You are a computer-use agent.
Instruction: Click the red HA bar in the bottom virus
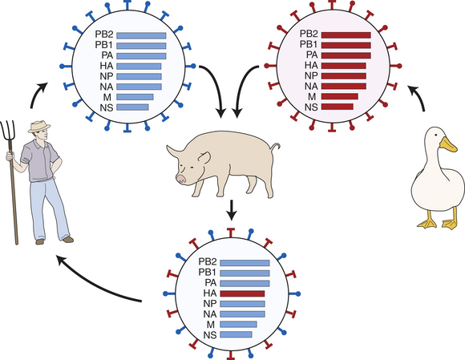[x=242, y=293]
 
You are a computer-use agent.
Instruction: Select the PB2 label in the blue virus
[x=104, y=34]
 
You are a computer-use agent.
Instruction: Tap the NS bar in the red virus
[x=338, y=107]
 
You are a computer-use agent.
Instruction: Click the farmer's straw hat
[x=39, y=126]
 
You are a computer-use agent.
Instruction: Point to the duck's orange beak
[x=448, y=144]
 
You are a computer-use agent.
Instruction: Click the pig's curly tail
[x=274, y=148]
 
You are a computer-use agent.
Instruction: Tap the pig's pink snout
[x=180, y=179]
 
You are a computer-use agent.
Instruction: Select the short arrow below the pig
[x=232, y=210]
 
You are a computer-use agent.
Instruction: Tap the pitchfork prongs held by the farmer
[x=8, y=131]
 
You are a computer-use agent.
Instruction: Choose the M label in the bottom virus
[x=210, y=324]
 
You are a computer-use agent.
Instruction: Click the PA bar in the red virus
[x=346, y=55]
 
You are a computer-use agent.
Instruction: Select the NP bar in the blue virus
[x=139, y=76]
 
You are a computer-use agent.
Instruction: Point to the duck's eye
[x=435, y=135]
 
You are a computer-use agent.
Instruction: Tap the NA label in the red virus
[x=311, y=87]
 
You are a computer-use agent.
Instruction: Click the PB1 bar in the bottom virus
[x=245, y=273]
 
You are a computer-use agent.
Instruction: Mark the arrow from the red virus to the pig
[x=243, y=86]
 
